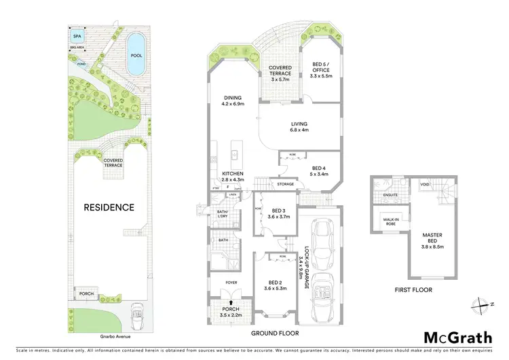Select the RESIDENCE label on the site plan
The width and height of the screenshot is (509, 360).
tap(109, 207)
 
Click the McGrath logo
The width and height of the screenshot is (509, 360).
tap(459, 337)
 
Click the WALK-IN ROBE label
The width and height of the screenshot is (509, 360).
tap(390, 221)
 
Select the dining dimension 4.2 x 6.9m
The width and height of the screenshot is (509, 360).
tap(232, 105)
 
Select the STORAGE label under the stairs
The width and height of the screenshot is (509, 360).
tap(284, 183)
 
